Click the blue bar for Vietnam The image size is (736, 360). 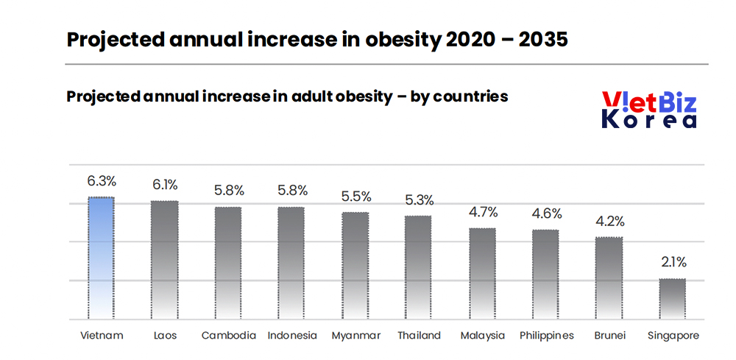(x=101, y=258)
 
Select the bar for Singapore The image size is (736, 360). (x=672, y=299)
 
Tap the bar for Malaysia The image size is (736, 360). (x=483, y=273)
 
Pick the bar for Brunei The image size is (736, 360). (x=609, y=278)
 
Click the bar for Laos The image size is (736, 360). (x=164, y=260)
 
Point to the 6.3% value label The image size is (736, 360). (x=101, y=181)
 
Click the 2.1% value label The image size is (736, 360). (x=672, y=262)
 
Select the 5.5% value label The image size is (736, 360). (x=355, y=197)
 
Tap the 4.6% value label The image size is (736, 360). (x=546, y=214)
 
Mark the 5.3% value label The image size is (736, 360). (x=419, y=200)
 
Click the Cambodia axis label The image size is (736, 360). (x=228, y=336)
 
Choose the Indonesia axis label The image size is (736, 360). (x=291, y=336)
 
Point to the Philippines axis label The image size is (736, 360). (x=546, y=336)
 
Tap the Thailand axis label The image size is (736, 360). (x=419, y=336)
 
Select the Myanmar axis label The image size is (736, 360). (x=355, y=336)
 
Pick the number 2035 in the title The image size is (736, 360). (x=542, y=40)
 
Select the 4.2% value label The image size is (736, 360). (x=609, y=222)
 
